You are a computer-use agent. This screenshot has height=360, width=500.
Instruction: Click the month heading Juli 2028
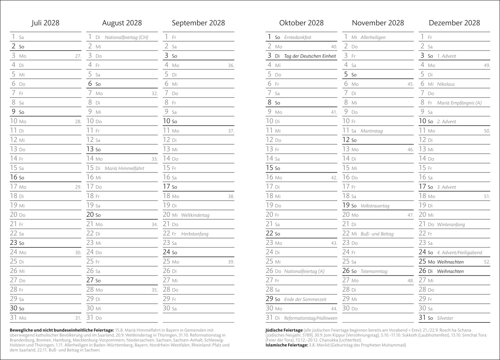tap(45, 23)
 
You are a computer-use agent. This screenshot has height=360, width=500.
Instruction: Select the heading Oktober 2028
tap(301, 23)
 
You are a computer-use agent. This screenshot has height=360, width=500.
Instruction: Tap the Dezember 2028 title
tap(454, 23)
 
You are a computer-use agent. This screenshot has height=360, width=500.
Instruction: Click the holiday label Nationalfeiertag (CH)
tap(126, 37)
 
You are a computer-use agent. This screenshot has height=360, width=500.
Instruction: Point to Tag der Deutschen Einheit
tap(310, 56)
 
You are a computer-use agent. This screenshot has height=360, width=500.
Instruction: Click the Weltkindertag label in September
tap(195, 215)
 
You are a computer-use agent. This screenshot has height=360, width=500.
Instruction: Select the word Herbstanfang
tap(195, 234)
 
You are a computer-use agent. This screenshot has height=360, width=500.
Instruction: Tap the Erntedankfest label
tap(298, 37)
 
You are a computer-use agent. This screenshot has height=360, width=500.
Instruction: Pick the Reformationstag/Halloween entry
tap(311, 318)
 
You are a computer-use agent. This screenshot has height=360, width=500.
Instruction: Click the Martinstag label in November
tap(371, 131)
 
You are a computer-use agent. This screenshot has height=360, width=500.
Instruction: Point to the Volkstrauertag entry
tap(375, 206)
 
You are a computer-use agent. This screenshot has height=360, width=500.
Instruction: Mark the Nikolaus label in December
tap(446, 84)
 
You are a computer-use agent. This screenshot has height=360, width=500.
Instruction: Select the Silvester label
tap(445, 318)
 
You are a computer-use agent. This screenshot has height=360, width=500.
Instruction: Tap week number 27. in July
tap(78, 56)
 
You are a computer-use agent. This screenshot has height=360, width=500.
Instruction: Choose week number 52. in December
tap(487, 262)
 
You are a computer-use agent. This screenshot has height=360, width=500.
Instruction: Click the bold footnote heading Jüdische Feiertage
tap(284, 330)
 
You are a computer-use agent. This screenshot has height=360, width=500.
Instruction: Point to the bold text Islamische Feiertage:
tap(286, 345)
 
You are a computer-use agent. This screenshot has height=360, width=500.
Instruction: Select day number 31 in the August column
tap(90, 318)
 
